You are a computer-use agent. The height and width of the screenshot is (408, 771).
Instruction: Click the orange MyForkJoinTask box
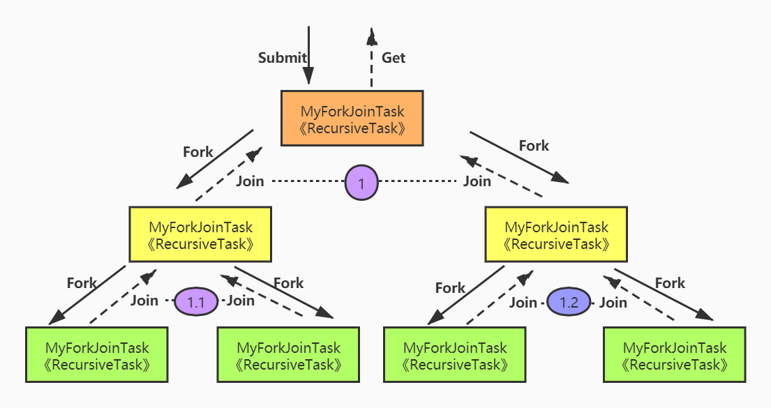(x=352, y=118)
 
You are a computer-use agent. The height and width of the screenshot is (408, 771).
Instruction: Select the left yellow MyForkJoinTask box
(x=200, y=234)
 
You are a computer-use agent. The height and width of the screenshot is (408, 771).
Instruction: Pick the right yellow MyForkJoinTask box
(x=556, y=234)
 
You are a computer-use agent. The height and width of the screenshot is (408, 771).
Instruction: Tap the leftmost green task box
(x=97, y=354)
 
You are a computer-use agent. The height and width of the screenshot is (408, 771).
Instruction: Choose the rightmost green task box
(x=675, y=354)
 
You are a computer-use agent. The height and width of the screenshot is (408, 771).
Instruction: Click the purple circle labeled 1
(x=361, y=183)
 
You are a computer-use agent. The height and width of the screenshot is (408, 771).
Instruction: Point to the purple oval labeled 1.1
(x=196, y=301)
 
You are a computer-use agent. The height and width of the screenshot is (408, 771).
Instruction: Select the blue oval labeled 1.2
(x=569, y=302)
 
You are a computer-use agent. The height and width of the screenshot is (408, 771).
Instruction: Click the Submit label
(x=283, y=58)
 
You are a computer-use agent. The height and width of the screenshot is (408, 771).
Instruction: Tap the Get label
(x=394, y=58)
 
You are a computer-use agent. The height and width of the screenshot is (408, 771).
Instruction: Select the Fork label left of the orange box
(x=198, y=152)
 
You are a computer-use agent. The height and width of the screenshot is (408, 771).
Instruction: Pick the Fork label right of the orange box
(x=534, y=146)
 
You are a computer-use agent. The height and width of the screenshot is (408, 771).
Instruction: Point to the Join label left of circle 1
(x=250, y=181)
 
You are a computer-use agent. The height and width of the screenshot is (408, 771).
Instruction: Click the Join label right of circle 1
(x=477, y=181)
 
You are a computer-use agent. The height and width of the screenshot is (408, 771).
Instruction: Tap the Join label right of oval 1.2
(x=613, y=303)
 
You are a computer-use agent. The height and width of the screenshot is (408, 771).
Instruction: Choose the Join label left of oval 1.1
(x=144, y=301)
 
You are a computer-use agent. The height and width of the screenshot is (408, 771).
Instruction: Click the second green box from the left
(x=288, y=354)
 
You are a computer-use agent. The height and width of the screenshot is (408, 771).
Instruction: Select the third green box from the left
(x=455, y=354)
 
